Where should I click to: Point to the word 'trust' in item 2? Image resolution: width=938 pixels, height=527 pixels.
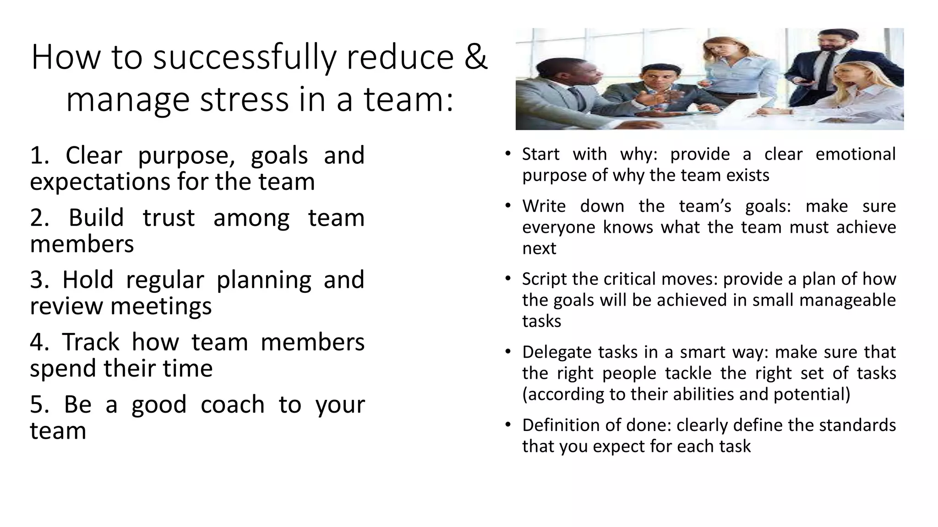(x=169, y=218)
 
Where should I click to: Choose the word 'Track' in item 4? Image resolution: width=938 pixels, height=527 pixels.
(x=92, y=342)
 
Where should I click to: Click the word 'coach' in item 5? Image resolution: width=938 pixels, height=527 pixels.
(x=233, y=404)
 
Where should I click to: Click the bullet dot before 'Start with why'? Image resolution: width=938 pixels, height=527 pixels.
(x=507, y=154)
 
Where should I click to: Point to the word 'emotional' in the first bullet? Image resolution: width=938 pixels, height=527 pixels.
(x=856, y=154)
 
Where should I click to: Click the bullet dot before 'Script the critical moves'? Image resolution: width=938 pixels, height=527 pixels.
(x=507, y=279)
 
